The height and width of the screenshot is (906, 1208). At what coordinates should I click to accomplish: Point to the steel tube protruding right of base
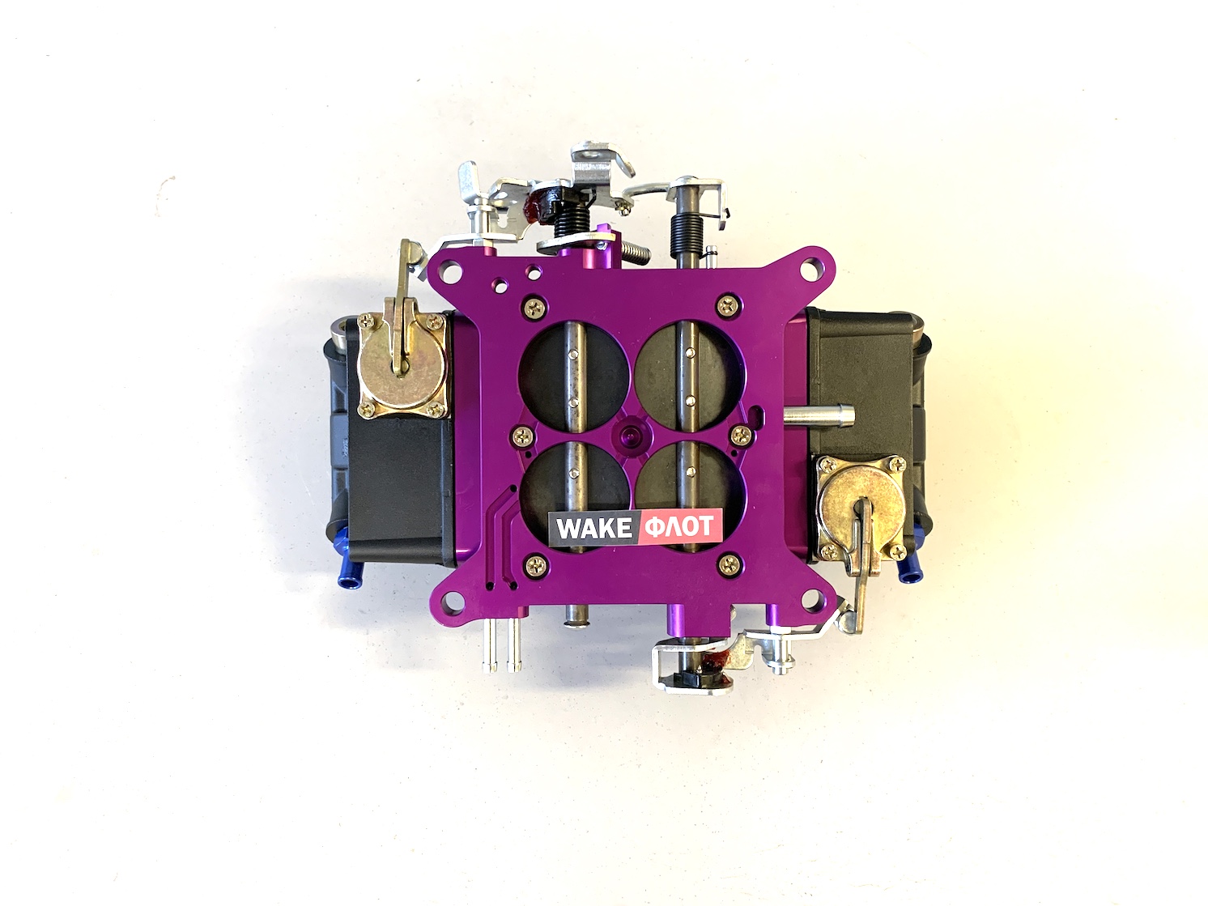pyautogui.click(x=819, y=414)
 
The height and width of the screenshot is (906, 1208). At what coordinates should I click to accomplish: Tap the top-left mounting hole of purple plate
pyautogui.click(x=451, y=270)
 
